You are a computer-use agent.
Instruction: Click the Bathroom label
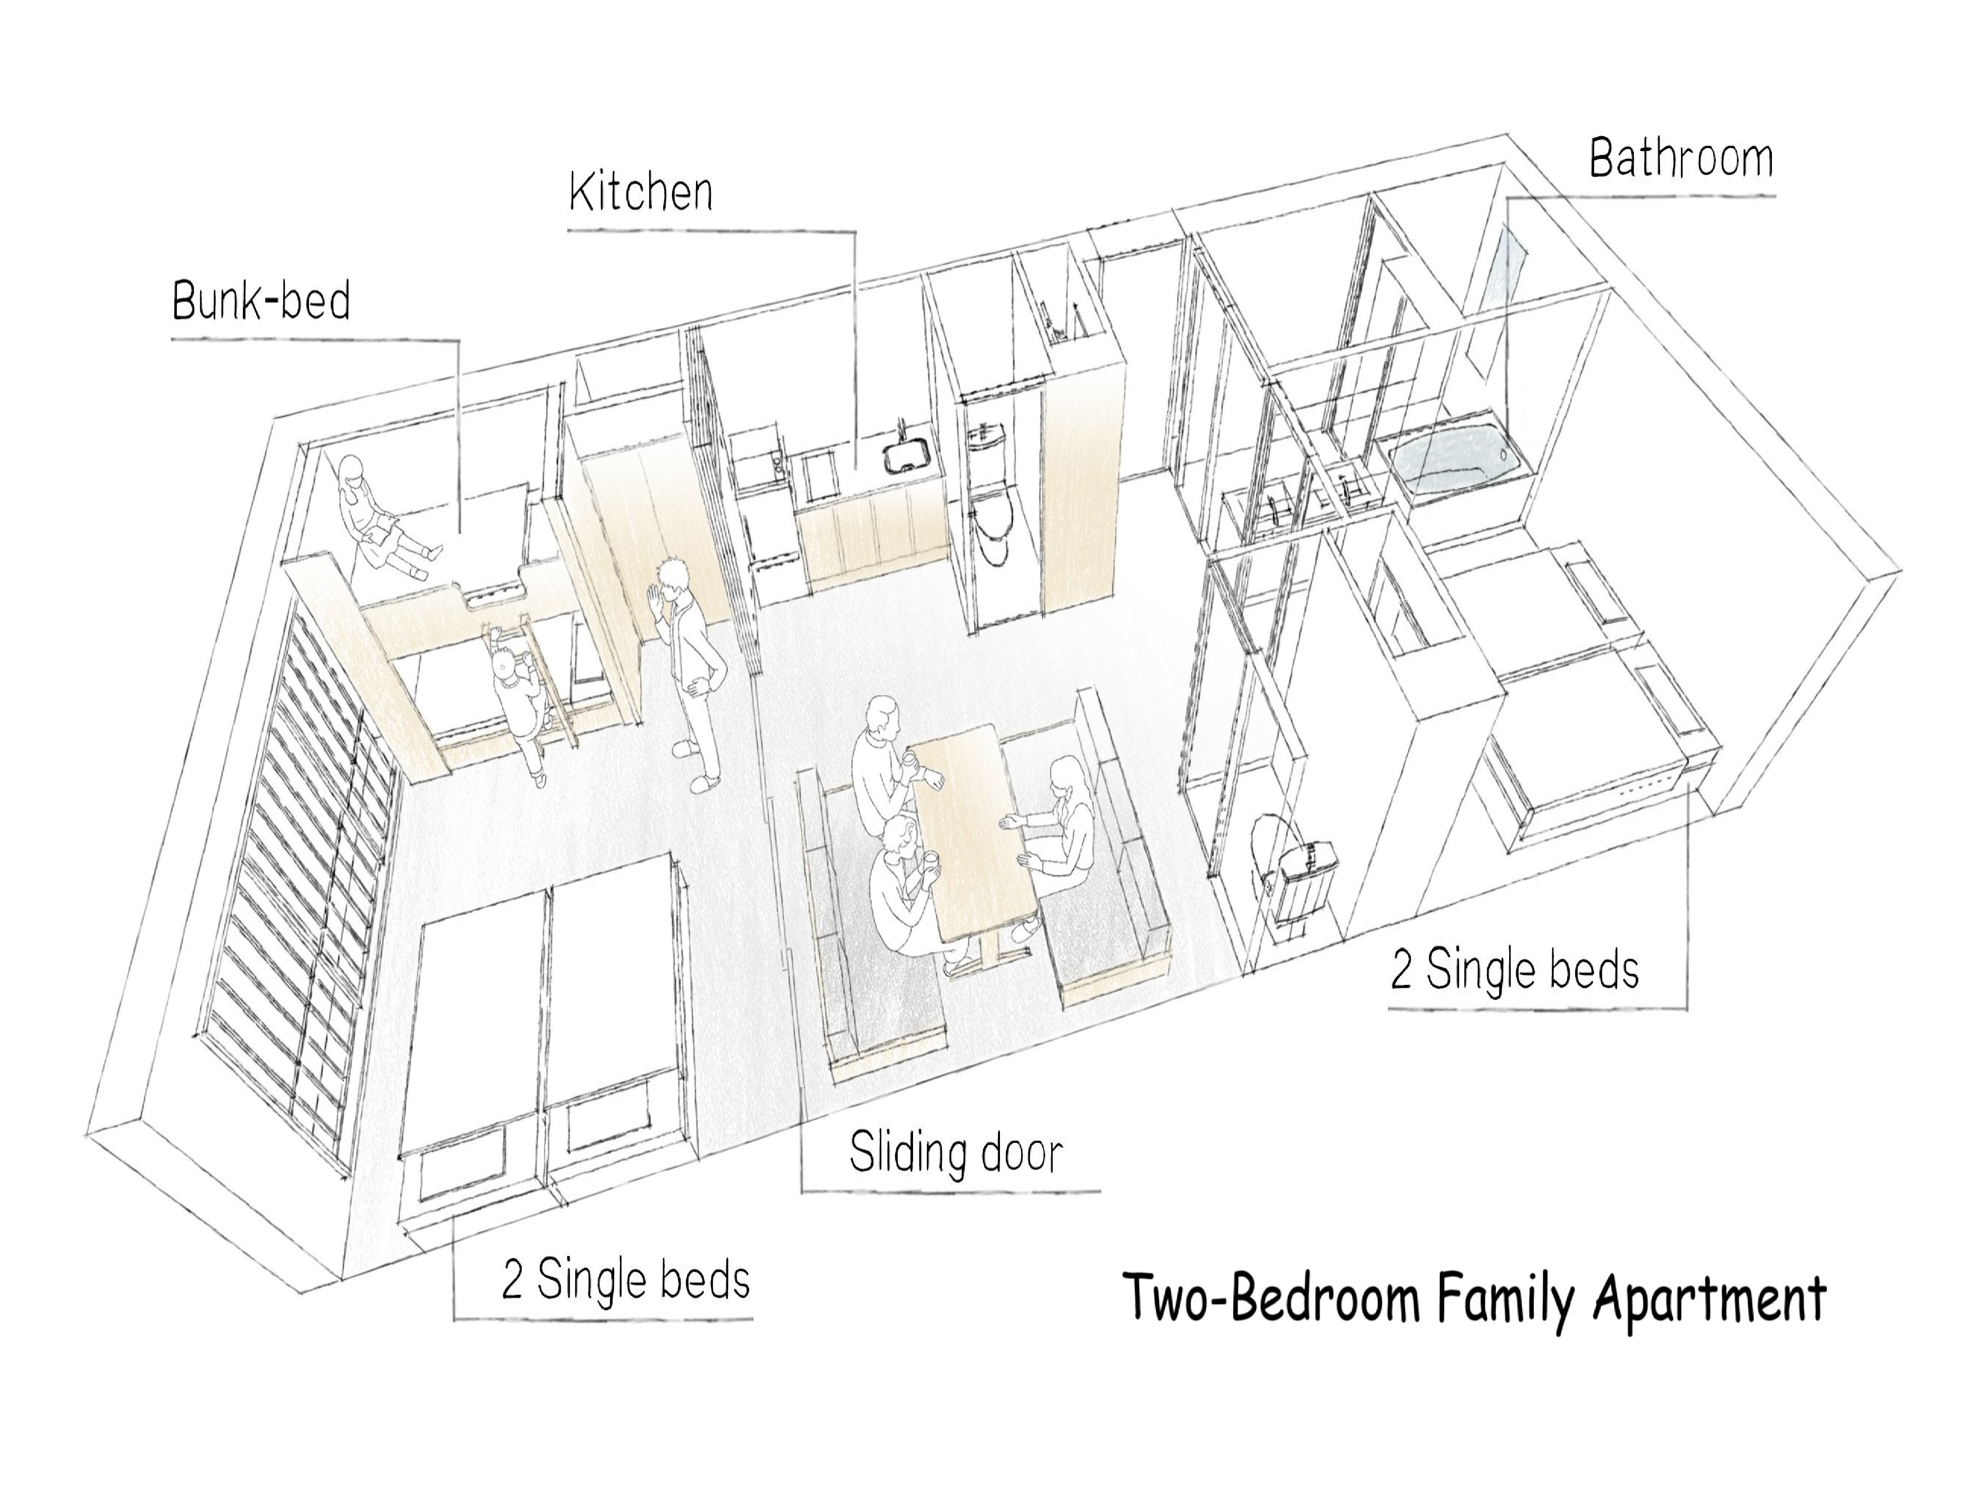pyautogui.click(x=1681, y=159)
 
